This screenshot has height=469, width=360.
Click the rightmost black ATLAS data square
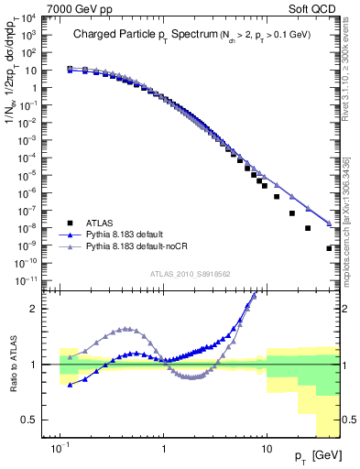[330, 248]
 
